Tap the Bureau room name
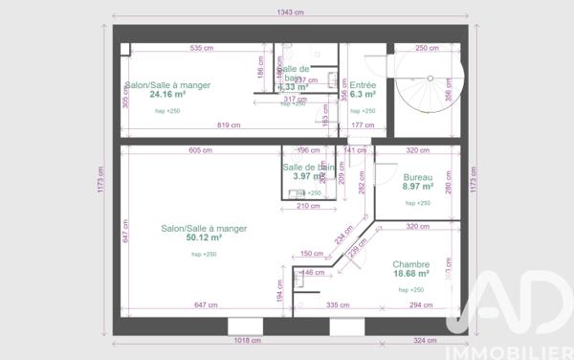tap(418, 178)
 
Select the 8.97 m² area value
tap(418, 189)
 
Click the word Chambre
tap(410, 264)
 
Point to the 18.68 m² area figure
tap(410, 274)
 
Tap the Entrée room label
tap(363, 85)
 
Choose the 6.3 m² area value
tap(363, 95)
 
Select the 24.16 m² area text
tap(167, 95)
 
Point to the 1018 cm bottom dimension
tap(248, 340)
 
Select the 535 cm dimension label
tap(201, 48)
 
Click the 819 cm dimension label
tap(229, 125)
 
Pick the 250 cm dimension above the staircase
tap(428, 48)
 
